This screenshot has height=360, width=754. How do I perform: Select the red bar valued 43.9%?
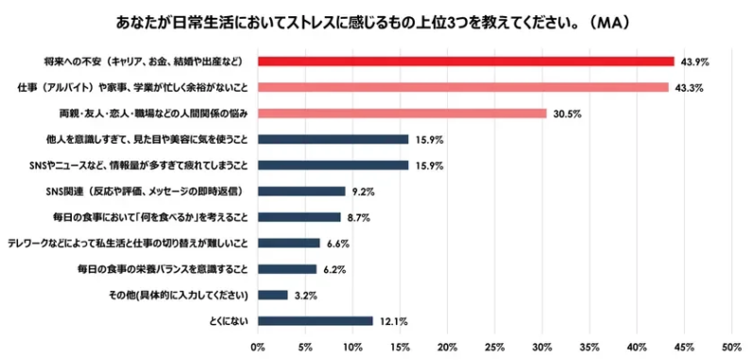pyautogui.click(x=466, y=61)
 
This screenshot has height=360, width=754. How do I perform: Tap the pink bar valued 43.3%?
pyautogui.click(x=463, y=87)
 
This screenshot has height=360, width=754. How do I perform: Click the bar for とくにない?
pyautogui.click(x=316, y=321)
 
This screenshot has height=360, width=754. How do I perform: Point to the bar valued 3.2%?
pyautogui.click(x=273, y=295)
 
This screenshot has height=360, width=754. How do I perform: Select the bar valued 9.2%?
pyautogui.click(x=301, y=191)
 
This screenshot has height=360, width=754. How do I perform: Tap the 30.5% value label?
pyautogui.click(x=565, y=113)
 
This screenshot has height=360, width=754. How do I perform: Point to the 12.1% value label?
pyautogui.click(x=393, y=321)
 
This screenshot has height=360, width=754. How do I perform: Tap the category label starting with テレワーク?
pyautogui.click(x=128, y=243)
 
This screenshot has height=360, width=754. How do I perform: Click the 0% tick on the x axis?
pyautogui.click(x=258, y=347)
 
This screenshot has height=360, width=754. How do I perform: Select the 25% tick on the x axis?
pyautogui.click(x=495, y=347)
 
